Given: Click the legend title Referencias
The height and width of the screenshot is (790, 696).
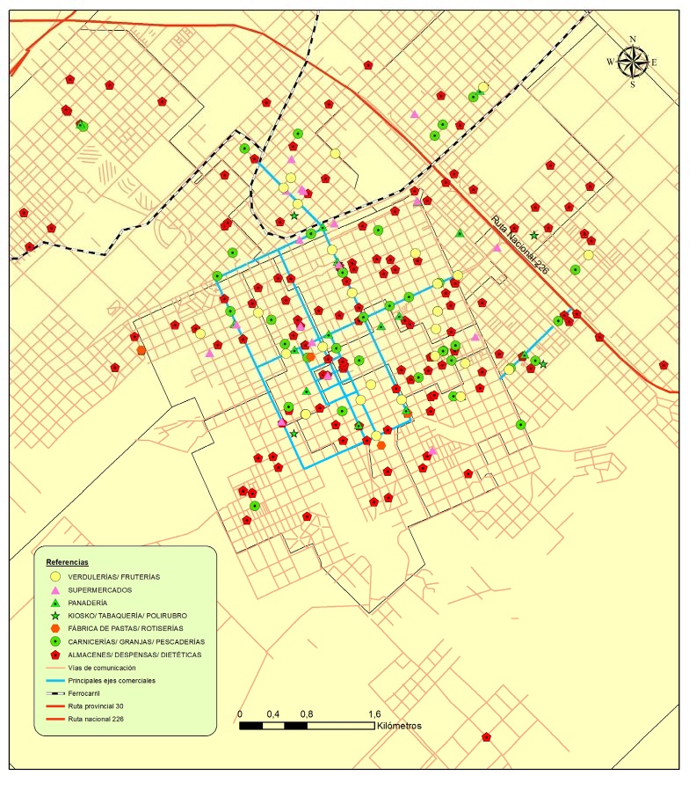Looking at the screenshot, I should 69,560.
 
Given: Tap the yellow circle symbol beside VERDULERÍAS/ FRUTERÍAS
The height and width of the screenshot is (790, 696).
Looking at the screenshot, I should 54,576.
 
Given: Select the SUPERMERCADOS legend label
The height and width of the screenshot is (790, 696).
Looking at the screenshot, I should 100,589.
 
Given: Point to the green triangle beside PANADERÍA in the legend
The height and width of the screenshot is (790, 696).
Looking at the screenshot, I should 54,603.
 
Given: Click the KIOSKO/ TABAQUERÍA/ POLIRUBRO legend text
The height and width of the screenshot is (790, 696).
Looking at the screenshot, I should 127,616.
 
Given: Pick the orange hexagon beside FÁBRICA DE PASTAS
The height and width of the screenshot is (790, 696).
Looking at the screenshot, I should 54,628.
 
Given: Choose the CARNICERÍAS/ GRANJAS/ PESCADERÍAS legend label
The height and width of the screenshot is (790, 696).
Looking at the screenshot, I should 136,641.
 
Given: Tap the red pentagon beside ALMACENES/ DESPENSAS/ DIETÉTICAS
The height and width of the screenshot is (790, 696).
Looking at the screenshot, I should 54,655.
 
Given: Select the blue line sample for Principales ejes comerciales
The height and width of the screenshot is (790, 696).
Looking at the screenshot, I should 54,681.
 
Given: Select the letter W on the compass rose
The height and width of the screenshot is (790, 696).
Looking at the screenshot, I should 612,62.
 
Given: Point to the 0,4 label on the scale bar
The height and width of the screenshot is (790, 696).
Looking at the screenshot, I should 272,713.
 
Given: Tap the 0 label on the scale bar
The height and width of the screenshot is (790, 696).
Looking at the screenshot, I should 241,713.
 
